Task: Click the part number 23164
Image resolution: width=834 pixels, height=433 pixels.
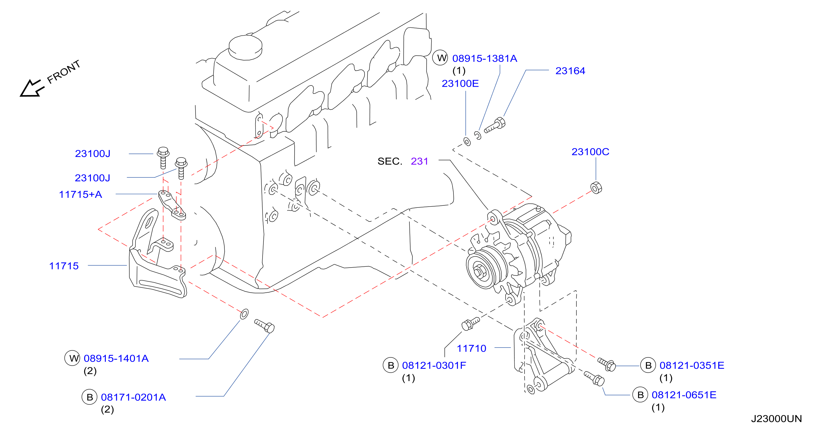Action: (570, 71)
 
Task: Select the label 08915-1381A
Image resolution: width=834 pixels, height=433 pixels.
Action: (485, 58)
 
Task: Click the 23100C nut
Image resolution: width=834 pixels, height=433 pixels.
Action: (596, 188)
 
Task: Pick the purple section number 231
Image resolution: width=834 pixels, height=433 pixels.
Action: (419, 161)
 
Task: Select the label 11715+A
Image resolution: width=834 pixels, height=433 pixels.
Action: (80, 194)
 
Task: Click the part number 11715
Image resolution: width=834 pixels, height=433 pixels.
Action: (64, 266)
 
